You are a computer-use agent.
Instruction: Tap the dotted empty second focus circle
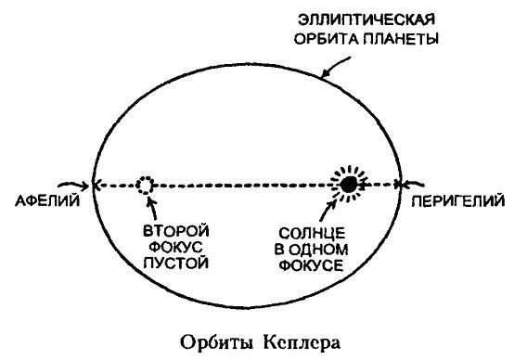(x=145, y=185)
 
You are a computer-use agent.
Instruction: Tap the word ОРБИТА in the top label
(x=328, y=39)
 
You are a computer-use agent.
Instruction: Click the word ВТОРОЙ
(x=172, y=229)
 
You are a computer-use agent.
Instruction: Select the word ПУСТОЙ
(x=173, y=264)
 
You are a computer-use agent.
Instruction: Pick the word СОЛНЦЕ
(x=311, y=230)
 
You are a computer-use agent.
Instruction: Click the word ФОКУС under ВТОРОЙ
(x=173, y=247)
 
